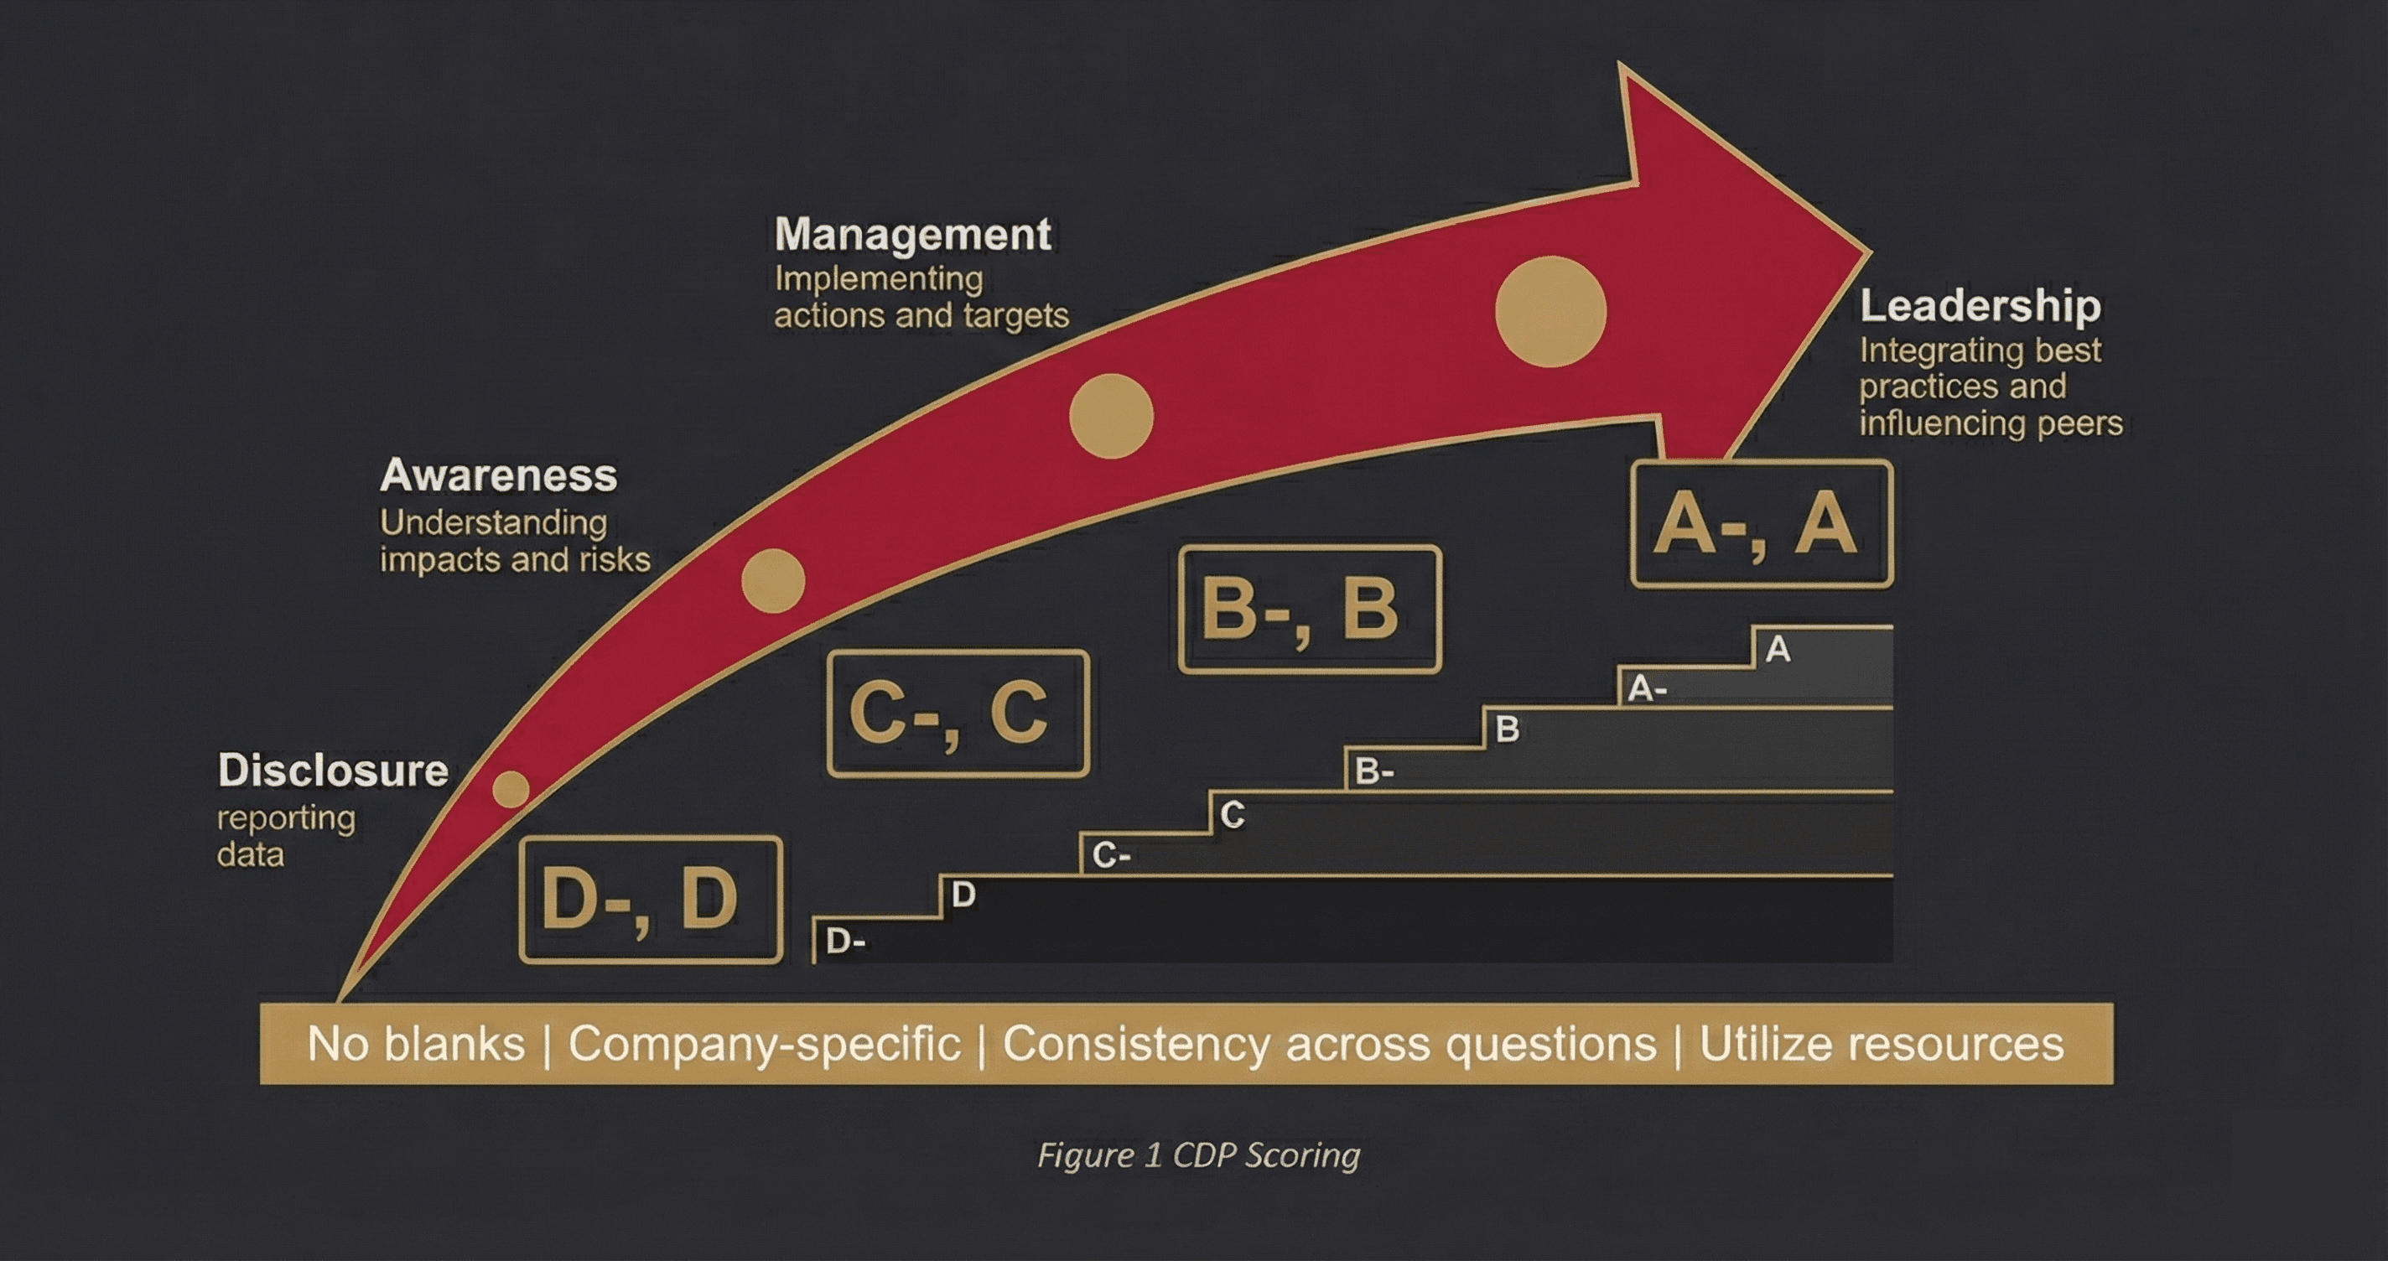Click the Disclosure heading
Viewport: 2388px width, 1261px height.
333,771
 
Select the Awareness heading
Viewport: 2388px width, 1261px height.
498,475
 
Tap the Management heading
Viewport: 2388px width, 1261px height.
912,234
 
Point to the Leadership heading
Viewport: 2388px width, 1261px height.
1980,306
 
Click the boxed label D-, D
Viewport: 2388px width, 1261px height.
651,900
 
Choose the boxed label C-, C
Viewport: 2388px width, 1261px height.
958,713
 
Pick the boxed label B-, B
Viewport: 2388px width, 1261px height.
1309,610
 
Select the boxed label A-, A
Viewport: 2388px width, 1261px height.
1761,524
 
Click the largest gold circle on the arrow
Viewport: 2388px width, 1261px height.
1550,312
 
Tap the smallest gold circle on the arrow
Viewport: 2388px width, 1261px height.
510,789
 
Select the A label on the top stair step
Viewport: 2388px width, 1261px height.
1777,649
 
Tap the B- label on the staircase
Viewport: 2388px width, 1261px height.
1373,771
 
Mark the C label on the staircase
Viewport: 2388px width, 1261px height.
1232,815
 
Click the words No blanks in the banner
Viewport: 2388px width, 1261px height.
416,1044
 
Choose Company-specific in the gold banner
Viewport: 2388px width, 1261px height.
764,1044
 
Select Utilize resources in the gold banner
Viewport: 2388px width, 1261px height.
1881,1044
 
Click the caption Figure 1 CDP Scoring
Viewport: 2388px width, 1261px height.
1197,1155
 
